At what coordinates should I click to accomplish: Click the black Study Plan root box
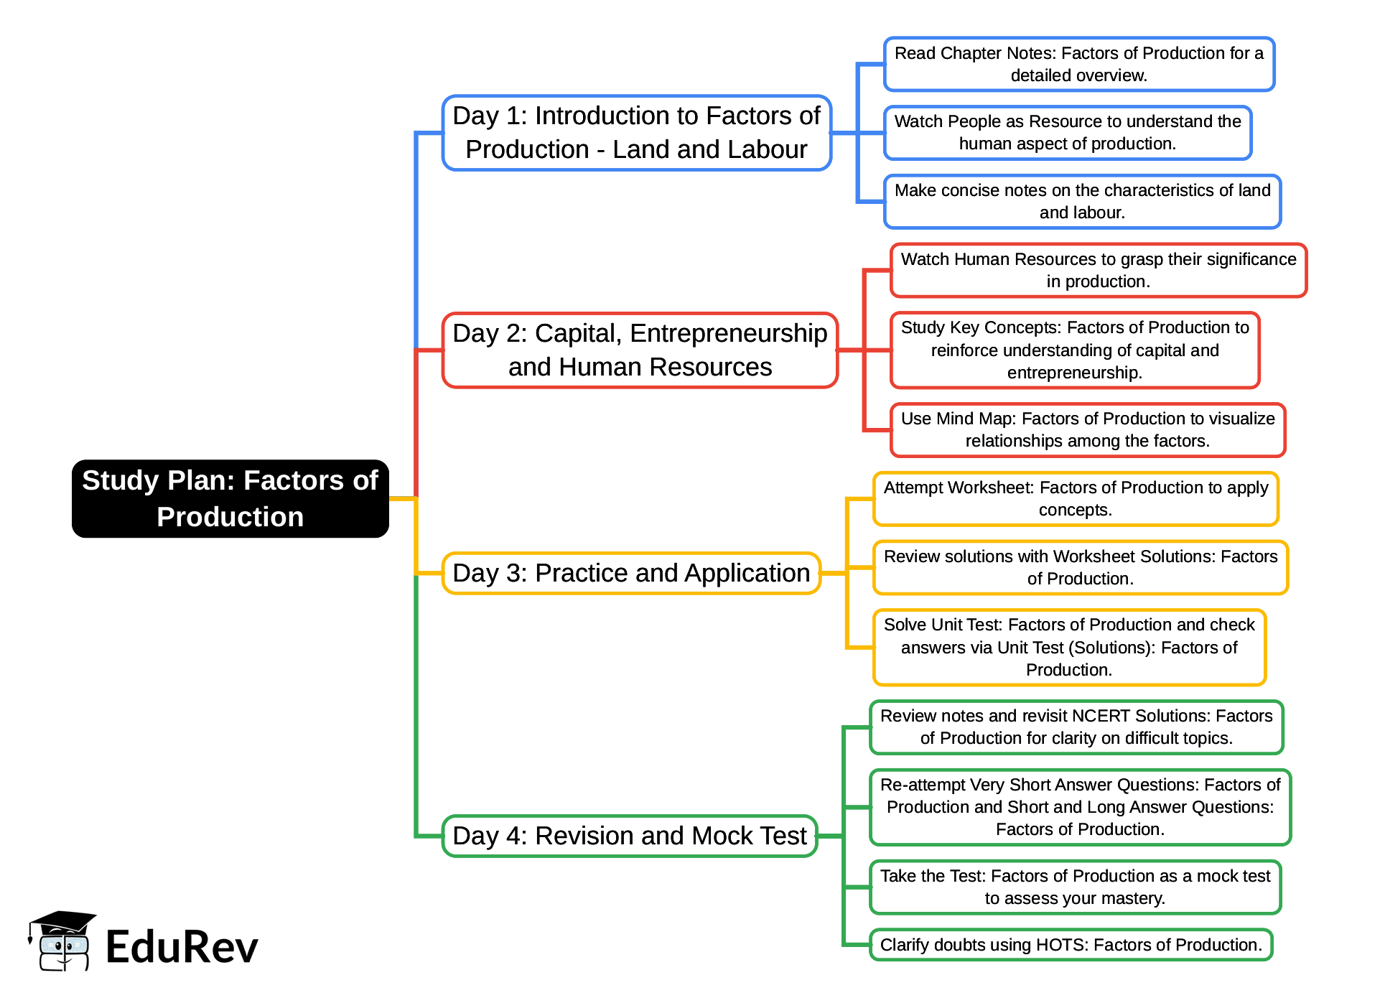click(230, 498)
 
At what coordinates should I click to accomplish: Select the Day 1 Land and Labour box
click(636, 133)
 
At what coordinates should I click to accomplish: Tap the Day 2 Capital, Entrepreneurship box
click(640, 350)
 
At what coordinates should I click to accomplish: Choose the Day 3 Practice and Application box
click(631, 573)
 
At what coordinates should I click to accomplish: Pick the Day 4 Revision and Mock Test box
click(630, 836)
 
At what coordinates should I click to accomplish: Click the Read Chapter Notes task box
click(1078, 64)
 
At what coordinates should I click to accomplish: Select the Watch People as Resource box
click(1067, 133)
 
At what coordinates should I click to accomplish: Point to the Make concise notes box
click(1082, 202)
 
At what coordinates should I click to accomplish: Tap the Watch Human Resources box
click(1098, 270)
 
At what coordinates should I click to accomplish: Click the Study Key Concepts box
click(1074, 350)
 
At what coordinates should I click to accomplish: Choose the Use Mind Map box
click(1087, 429)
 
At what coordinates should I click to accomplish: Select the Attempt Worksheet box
click(1075, 498)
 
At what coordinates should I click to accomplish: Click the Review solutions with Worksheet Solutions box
click(1080, 567)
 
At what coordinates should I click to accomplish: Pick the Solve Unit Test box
click(1068, 647)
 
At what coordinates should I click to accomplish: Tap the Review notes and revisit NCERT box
click(1076, 727)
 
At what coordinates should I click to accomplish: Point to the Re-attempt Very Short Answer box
click(1080, 807)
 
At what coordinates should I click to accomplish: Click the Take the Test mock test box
click(1075, 887)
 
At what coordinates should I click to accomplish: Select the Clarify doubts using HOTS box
click(1071, 945)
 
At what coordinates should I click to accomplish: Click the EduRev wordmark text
click(182, 946)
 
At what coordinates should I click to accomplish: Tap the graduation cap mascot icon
click(61, 941)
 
